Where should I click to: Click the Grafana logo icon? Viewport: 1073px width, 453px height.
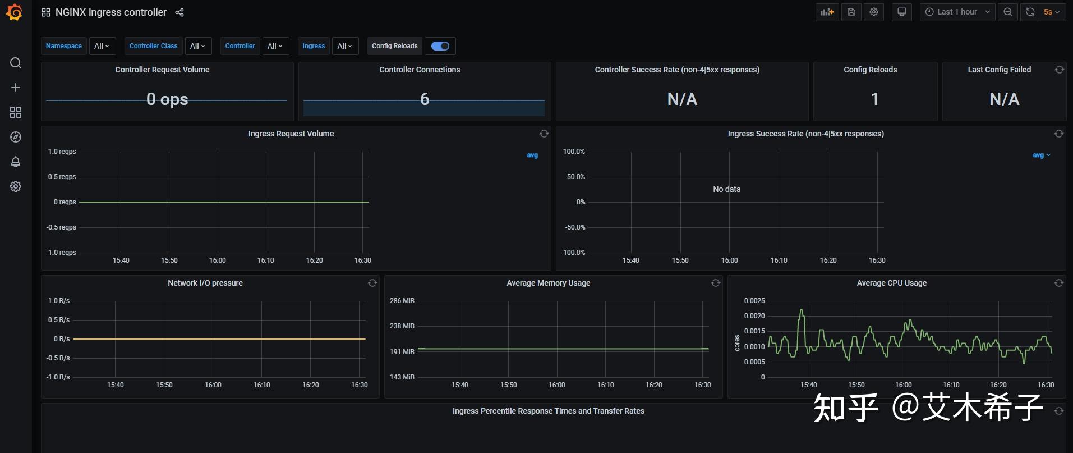[15, 12]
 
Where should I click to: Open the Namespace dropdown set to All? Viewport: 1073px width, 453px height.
[102, 46]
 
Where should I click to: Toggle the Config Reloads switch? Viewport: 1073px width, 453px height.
[440, 46]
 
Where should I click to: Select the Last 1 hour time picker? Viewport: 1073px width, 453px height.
[957, 12]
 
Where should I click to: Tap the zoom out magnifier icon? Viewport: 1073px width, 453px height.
[1008, 12]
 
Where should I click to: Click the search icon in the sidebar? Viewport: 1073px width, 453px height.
[16, 63]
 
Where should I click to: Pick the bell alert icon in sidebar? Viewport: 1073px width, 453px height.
[16, 162]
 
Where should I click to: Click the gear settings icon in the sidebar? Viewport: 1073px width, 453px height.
[16, 186]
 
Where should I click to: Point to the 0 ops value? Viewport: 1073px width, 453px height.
[167, 99]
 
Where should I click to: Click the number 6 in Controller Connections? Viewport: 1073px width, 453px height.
[425, 99]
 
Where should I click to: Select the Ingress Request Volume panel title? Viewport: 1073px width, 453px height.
[291, 134]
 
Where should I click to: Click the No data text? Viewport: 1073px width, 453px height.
[726, 189]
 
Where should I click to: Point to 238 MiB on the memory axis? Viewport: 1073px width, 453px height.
[402, 326]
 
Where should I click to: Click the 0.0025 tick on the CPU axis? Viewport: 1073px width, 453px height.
[754, 301]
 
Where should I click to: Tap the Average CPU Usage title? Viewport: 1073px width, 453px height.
[891, 283]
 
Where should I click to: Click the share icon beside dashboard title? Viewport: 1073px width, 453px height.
[179, 12]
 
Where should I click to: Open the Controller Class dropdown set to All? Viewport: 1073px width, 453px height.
[197, 46]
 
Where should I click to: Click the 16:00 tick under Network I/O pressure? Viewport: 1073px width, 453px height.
[213, 385]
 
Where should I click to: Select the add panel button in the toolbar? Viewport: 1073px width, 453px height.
[827, 12]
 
